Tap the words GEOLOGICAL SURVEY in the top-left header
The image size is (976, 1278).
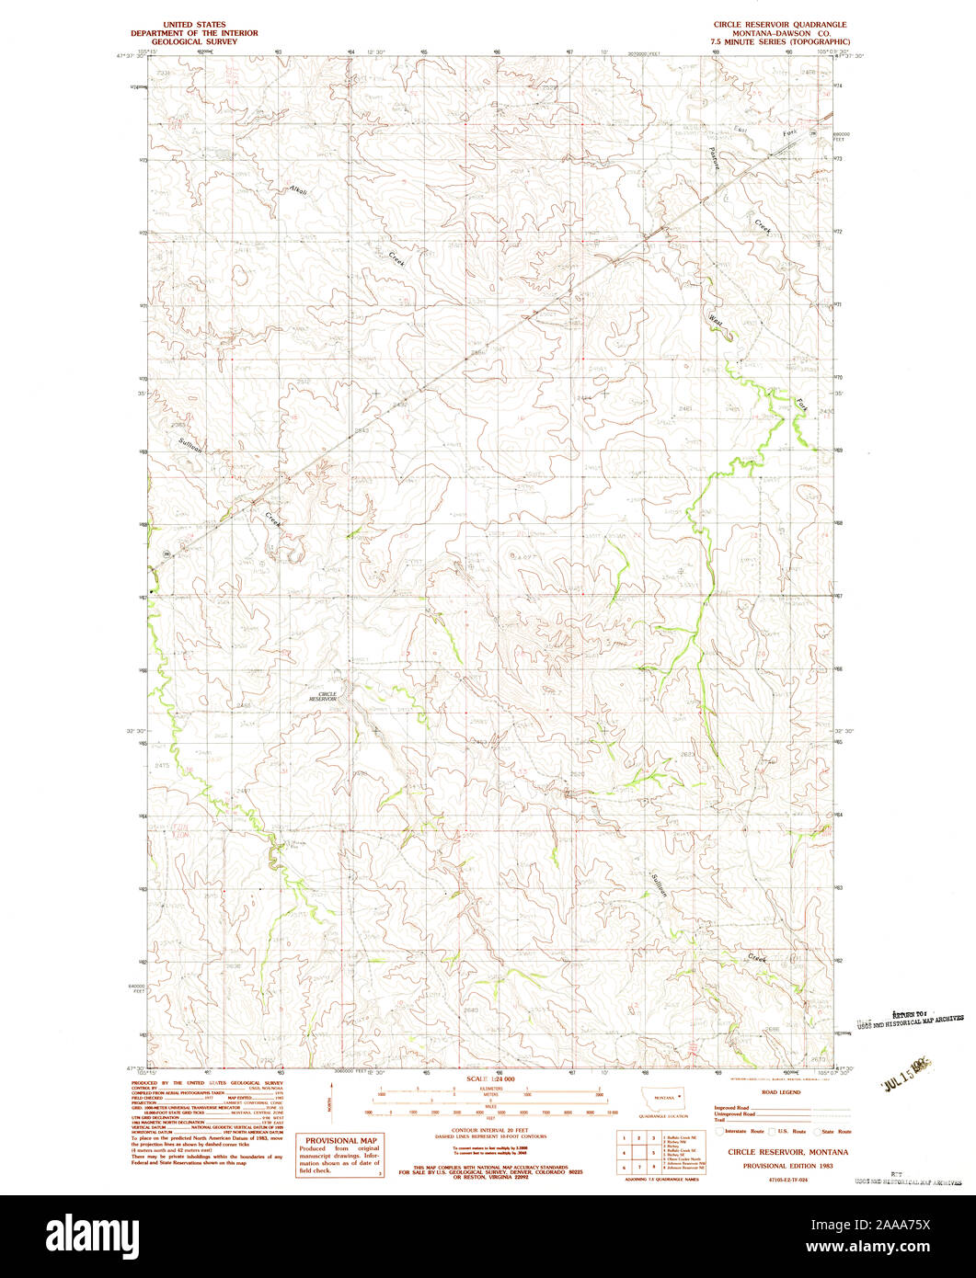point(194,41)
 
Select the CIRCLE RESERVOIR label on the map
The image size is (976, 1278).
point(322,697)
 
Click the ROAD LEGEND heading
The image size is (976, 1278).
point(781,1092)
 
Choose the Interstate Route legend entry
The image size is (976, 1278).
point(741,1131)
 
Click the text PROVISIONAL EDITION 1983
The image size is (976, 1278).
point(781,1164)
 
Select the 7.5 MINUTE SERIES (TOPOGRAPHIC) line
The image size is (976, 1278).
point(775,41)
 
